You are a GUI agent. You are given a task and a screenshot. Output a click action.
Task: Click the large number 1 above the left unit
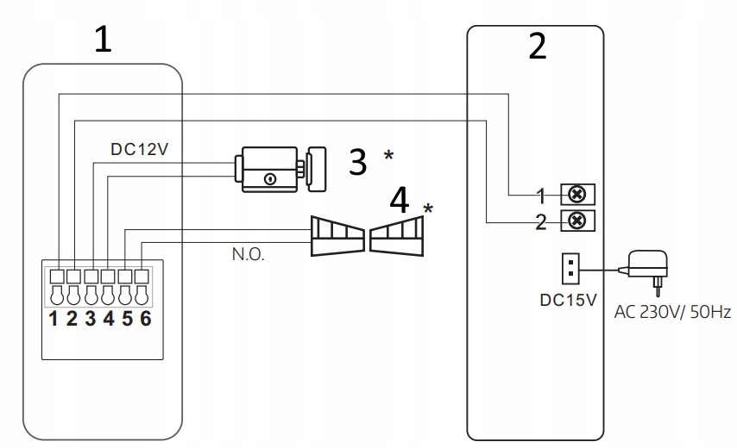[x=103, y=40]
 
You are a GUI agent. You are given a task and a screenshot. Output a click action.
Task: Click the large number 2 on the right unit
[x=537, y=47]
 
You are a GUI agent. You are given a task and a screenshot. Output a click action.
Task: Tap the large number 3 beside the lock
[x=358, y=161]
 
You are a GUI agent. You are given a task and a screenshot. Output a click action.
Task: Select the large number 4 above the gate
[x=400, y=202]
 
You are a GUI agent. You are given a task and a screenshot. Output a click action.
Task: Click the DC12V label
[x=140, y=148]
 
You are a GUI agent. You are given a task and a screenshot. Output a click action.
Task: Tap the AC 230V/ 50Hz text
[x=673, y=312]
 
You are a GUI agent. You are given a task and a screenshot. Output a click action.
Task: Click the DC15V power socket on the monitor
[x=569, y=268]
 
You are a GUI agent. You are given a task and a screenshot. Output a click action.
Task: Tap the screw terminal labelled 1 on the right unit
[x=578, y=193]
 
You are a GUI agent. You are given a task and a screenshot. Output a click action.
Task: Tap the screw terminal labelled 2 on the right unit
[x=578, y=221]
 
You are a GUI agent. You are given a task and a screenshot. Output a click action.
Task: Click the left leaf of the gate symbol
[x=337, y=237]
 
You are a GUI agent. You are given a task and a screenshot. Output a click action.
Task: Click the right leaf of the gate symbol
[x=398, y=237]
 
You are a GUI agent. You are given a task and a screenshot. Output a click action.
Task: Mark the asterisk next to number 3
[x=388, y=156]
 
